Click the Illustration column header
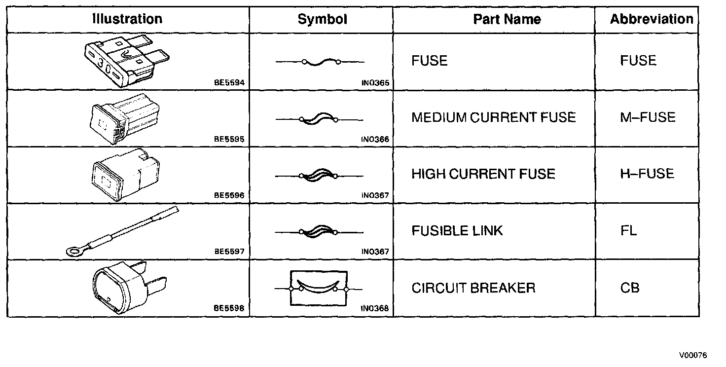coord(127,19)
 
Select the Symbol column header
coord(322,19)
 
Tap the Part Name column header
coord(507,19)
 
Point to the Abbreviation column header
coord(651,19)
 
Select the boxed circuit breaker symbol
coord(319,289)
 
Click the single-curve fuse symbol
coord(320,62)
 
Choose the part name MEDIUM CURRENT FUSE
coord(494,117)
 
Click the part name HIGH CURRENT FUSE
coord(483,174)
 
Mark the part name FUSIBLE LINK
coord(457,231)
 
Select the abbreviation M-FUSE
coord(648,117)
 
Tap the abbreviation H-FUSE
coord(647,174)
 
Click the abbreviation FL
coord(629,231)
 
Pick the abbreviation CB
coord(630,288)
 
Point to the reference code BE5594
coord(229,83)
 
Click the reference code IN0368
coord(375,309)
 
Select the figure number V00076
coord(692,355)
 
